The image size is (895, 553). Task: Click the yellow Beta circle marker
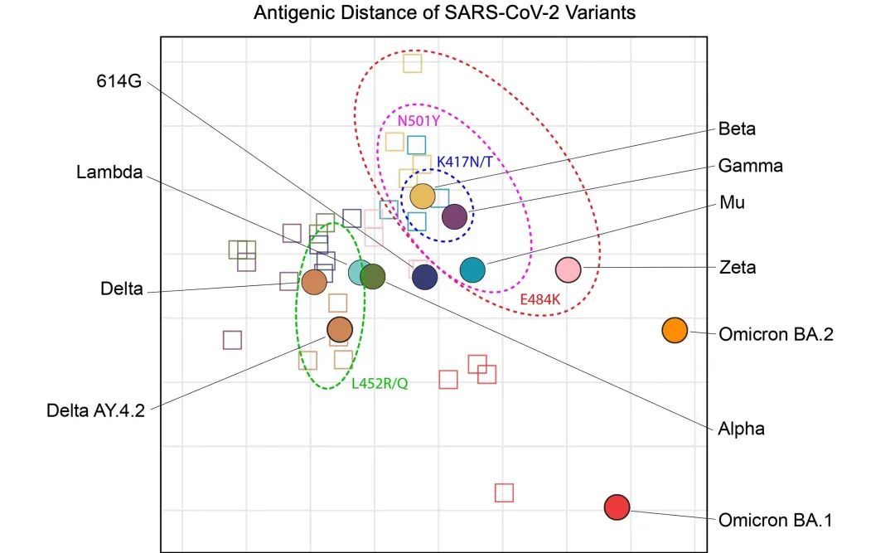[x=423, y=196]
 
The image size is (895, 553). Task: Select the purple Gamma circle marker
[x=455, y=216]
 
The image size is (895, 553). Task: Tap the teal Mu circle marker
[x=472, y=269]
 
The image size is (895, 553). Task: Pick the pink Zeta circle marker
[x=568, y=269]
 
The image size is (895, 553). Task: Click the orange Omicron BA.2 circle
[x=675, y=330]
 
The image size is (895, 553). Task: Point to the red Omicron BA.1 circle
[x=617, y=507]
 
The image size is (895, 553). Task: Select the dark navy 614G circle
[x=424, y=277]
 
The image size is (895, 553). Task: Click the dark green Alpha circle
[x=373, y=277]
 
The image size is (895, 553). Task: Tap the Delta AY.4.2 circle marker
[x=340, y=330]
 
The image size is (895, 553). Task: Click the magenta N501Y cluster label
[x=419, y=121]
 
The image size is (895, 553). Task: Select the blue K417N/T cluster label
[x=465, y=162]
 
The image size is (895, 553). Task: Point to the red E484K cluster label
[x=540, y=298]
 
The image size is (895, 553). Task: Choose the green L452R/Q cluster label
[x=380, y=383]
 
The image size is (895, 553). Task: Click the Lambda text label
[x=109, y=172]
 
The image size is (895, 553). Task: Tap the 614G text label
[x=119, y=81]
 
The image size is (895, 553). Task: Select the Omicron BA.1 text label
[x=775, y=520]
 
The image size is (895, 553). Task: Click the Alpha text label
[x=741, y=429]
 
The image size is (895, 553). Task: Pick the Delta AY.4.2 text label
[x=95, y=410]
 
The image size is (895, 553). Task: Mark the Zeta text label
[x=738, y=267]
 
